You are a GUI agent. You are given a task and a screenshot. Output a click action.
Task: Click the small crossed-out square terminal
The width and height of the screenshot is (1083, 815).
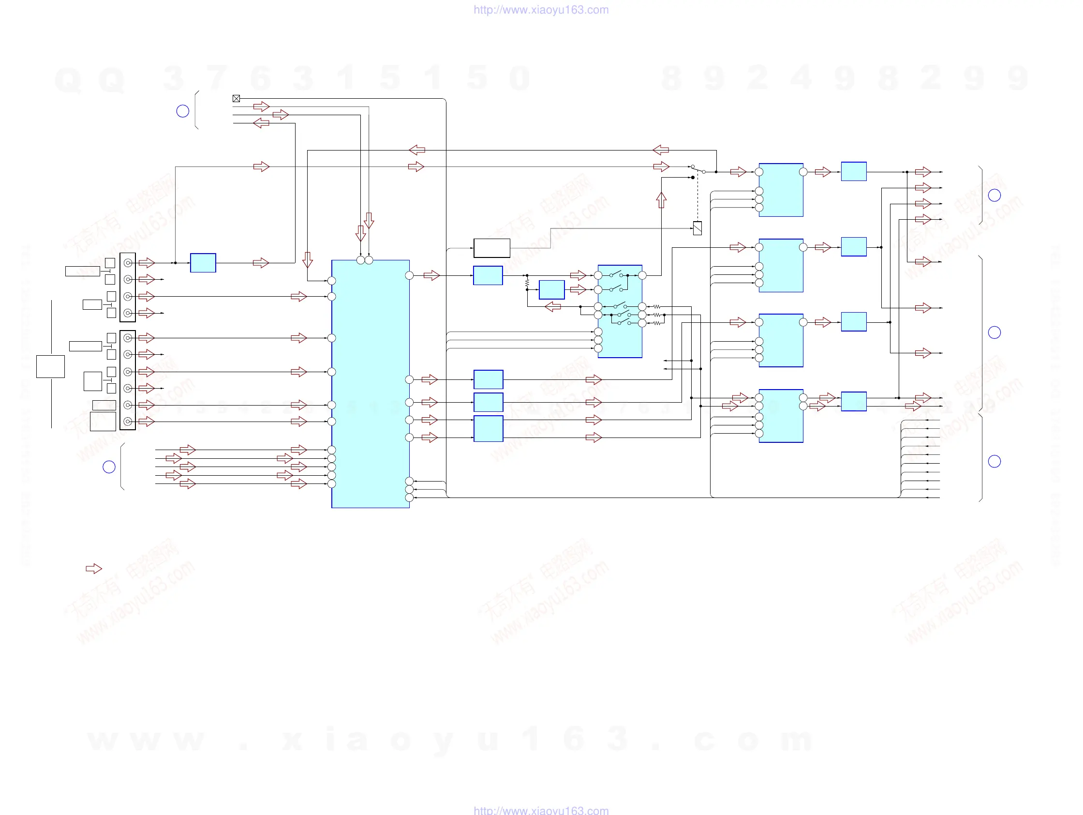point(236,98)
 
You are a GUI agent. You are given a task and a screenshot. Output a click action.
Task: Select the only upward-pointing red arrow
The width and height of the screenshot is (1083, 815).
point(661,200)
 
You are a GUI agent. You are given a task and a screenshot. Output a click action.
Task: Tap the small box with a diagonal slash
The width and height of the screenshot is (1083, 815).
point(697,228)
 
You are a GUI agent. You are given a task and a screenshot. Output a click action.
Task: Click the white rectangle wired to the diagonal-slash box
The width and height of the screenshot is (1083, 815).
point(491,248)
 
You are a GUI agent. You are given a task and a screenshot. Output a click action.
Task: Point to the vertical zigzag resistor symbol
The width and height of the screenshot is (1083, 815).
point(527,283)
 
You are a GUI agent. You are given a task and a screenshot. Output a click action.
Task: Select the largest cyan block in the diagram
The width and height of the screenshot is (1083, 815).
point(370,383)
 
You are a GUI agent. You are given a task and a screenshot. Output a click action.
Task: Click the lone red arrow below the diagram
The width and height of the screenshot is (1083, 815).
point(93,569)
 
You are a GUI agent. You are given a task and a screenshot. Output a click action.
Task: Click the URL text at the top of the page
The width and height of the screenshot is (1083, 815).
point(541,10)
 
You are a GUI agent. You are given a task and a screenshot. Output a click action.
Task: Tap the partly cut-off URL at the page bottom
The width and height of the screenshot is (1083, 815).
point(541,811)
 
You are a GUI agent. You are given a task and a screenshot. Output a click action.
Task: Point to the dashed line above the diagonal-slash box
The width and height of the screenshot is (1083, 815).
point(697,201)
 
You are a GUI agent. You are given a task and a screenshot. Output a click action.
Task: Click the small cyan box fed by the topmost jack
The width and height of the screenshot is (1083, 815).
point(203,263)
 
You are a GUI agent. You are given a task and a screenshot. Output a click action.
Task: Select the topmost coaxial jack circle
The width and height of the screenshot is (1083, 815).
point(128,263)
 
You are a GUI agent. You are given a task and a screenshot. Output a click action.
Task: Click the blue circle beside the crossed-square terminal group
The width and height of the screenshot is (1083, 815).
point(183,111)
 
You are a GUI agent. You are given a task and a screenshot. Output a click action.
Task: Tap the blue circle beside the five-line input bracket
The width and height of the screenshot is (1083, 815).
point(109,467)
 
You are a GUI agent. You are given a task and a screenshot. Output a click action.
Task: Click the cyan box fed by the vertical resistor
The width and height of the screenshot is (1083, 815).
point(551,289)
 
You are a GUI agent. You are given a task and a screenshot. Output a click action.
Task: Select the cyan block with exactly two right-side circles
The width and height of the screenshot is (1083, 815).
point(780,416)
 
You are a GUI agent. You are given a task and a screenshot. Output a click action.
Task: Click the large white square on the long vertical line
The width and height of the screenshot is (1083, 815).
point(50,366)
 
